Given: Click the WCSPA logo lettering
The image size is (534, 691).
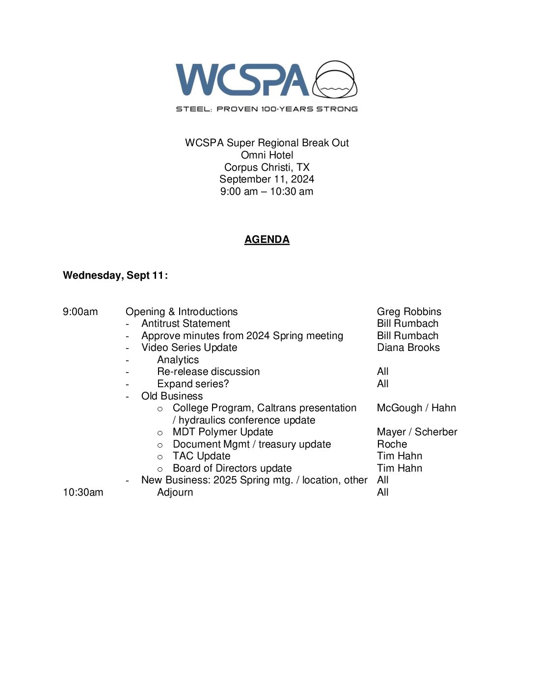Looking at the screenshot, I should [242, 80].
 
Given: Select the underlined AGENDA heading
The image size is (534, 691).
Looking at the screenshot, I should [267, 239].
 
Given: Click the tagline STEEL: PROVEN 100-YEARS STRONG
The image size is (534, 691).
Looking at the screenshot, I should [267, 109].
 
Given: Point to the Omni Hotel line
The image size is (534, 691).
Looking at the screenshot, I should [267, 155].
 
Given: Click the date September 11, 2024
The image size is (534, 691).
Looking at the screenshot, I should [267, 179].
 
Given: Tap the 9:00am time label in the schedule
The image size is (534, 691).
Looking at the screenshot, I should [80, 312].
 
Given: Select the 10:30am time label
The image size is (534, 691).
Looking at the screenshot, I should [83, 492].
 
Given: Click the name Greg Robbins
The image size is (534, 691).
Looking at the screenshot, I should [409, 312].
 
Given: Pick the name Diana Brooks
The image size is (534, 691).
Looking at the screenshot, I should [408, 347].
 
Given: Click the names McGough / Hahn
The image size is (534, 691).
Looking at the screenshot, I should [416, 408].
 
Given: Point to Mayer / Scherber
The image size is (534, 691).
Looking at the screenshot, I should [417, 432].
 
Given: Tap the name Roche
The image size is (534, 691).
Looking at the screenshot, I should [392, 444].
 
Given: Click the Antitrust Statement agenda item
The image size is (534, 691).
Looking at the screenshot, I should [186, 323].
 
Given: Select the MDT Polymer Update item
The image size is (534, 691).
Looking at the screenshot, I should [223, 432].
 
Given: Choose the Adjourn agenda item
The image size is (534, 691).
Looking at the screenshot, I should [175, 492].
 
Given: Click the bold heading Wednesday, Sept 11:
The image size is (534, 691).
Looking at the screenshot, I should [115, 275].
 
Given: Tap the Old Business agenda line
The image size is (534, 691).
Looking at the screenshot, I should [172, 396].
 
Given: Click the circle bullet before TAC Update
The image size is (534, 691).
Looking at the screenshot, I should [160, 457].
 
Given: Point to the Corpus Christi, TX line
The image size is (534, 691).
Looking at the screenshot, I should [267, 167].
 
